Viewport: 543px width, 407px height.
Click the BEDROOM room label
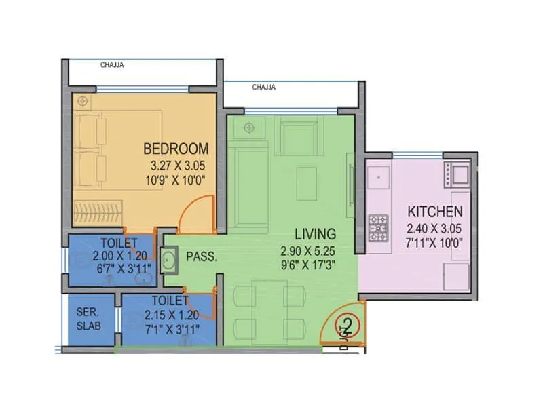[x=176, y=149]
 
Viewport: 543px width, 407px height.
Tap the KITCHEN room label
[x=435, y=211]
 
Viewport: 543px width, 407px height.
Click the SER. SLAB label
[x=90, y=318]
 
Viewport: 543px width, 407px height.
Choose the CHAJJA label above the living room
[x=263, y=88]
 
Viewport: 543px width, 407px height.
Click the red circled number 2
[x=348, y=326]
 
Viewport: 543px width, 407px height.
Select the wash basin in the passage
[x=168, y=258]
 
